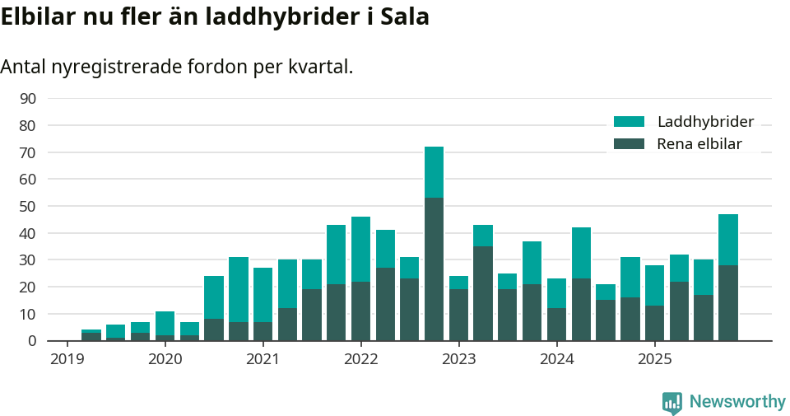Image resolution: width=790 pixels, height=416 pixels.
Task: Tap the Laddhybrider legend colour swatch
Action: tap(630, 122)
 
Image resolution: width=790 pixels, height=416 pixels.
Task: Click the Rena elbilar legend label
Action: tap(699, 144)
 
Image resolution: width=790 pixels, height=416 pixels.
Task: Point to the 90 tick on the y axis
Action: tap(27, 99)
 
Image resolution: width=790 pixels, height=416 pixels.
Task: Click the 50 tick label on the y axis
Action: tap(27, 207)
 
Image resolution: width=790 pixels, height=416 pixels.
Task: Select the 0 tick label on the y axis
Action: tap(31, 341)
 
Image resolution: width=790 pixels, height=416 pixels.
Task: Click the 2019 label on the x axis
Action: tap(67, 359)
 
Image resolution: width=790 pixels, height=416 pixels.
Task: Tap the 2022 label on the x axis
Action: tap(360, 359)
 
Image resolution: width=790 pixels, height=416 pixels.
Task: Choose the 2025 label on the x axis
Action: tap(654, 359)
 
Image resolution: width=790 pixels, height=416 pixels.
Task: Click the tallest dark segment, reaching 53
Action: tap(434, 269)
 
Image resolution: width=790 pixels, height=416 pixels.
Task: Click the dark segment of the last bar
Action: tap(727, 302)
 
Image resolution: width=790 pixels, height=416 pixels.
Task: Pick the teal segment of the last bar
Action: tap(727, 240)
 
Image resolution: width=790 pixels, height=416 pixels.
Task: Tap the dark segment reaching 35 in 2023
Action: tap(483, 293)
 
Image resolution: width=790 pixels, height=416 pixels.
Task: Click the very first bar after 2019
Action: tap(91, 335)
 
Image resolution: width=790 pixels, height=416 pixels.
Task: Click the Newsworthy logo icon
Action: tap(672, 402)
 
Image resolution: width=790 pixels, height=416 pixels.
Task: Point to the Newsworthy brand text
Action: tap(737, 402)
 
